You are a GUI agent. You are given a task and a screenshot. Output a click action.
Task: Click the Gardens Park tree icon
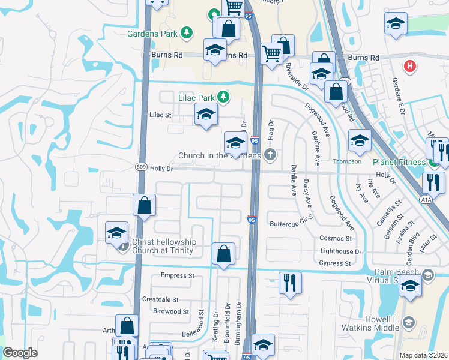(x=187, y=32)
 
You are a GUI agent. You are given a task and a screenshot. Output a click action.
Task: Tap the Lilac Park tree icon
(x=223, y=97)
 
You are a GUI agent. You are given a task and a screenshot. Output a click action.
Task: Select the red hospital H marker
(x=410, y=66)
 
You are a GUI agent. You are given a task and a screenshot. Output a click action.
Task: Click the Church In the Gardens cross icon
(x=271, y=155)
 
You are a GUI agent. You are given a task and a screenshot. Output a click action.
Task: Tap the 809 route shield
(x=140, y=169)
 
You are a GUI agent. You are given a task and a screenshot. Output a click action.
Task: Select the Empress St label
(x=178, y=275)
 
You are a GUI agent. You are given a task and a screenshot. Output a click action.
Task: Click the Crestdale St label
(x=160, y=299)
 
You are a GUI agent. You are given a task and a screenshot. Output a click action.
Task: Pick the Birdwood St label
(x=171, y=311)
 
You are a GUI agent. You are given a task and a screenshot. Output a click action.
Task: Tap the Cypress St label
(x=335, y=263)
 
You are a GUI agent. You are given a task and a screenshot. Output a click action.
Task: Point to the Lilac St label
(x=160, y=114)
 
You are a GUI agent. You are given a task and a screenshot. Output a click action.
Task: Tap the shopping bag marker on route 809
(x=144, y=205)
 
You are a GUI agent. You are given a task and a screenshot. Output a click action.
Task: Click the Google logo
(x=20, y=353)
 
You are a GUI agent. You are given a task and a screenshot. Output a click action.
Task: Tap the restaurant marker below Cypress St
(x=290, y=283)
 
